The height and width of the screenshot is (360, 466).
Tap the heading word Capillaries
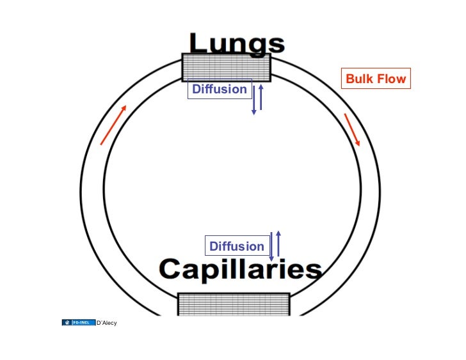[241, 270]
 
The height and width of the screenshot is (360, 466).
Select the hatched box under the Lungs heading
[226, 67]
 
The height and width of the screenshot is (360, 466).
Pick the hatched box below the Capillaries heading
[233, 304]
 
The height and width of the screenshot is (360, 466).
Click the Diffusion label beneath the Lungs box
[220, 90]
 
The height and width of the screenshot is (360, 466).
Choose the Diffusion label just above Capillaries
[237, 246]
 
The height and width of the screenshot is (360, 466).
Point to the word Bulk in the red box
[360, 79]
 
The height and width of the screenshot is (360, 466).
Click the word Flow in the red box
[392, 79]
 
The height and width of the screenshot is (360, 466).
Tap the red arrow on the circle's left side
[113, 125]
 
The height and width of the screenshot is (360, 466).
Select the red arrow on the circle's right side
[352, 130]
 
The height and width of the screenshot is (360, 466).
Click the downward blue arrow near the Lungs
[254, 100]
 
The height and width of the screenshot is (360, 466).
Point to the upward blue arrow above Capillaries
[278, 244]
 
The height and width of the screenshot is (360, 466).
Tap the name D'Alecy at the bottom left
[107, 322]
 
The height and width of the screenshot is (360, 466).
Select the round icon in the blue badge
[67, 322]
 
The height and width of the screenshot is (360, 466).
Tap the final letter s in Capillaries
[313, 271]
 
